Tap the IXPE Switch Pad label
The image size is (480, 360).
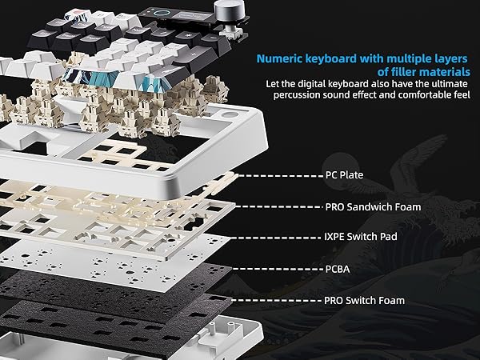point(362,237)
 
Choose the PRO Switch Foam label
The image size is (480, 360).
point(365,300)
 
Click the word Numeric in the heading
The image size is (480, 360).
point(280,58)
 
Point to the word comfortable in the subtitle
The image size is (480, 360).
point(416,95)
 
